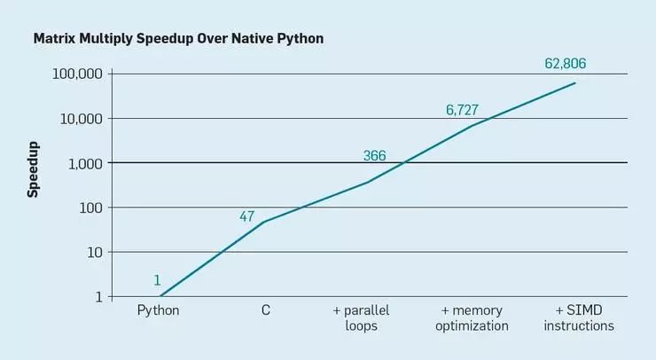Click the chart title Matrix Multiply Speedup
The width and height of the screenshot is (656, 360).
click(x=177, y=40)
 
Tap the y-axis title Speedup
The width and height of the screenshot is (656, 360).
click(x=33, y=168)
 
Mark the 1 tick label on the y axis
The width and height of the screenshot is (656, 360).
click(x=98, y=296)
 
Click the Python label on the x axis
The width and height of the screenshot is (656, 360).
click(x=159, y=310)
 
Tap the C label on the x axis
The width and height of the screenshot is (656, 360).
click(x=265, y=310)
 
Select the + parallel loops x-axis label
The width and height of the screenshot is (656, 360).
click(x=361, y=317)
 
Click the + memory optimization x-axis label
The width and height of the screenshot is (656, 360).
click(x=472, y=317)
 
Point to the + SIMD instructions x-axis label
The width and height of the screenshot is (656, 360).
click(x=579, y=317)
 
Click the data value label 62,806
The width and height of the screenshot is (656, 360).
click(x=564, y=64)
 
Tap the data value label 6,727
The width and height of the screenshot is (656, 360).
click(x=462, y=110)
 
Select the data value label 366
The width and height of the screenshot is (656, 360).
click(x=374, y=156)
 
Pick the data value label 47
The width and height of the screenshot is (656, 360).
click(x=247, y=216)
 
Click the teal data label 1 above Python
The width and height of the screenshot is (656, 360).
click(x=157, y=280)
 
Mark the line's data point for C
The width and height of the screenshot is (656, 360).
click(x=264, y=222)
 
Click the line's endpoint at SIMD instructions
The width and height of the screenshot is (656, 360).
click(x=575, y=83)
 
